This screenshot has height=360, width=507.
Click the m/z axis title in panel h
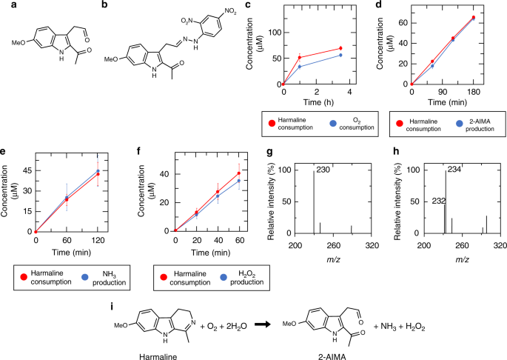462,261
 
